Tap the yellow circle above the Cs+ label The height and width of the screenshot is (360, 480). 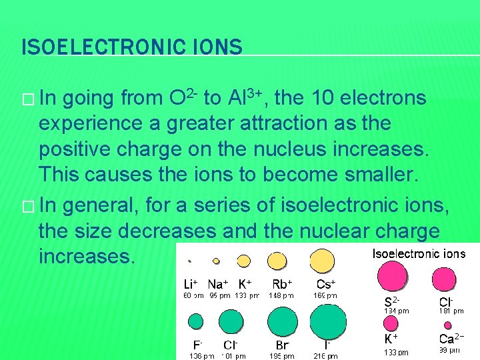pyautogui.click(x=322, y=260)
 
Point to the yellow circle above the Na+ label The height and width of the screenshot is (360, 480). pyautogui.click(x=216, y=261)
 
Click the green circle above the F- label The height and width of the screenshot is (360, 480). pyautogui.click(x=196, y=321)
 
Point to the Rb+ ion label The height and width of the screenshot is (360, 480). pyautogui.click(x=282, y=283)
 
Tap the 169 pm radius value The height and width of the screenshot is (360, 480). pyautogui.click(x=326, y=295)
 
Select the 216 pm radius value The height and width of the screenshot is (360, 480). pyautogui.click(x=326, y=356)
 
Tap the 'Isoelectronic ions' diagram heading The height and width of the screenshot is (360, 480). pyautogui.click(x=418, y=253)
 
